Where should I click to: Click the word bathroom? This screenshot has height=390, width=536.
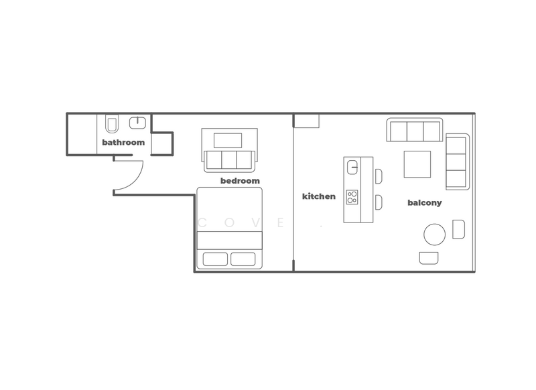(123, 143)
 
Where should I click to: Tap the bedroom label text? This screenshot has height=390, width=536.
(240, 181)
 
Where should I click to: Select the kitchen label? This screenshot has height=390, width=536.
(319, 196)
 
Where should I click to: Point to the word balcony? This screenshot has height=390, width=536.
(425, 203)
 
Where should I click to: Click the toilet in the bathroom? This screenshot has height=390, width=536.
(112, 124)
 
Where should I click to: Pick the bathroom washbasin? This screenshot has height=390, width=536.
(138, 123)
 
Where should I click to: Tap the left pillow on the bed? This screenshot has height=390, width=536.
(214, 259)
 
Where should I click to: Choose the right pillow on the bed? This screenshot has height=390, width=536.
(245, 259)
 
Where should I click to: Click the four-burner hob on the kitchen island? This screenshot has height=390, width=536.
(352, 197)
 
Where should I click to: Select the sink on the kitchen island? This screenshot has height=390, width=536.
(352, 166)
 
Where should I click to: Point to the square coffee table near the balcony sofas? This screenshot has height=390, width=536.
(417, 164)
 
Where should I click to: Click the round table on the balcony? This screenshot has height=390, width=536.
(434, 235)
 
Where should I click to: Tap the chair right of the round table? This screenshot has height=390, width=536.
(458, 229)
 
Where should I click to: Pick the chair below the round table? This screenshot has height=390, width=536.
(429, 257)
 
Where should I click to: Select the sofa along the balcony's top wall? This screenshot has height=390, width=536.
(414, 130)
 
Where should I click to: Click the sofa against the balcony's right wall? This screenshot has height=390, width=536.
(457, 161)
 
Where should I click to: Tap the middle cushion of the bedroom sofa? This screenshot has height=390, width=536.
(228, 159)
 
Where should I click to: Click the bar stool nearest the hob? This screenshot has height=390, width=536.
(379, 201)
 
